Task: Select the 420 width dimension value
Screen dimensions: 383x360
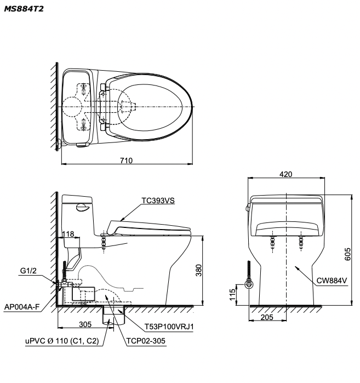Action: point(285,174)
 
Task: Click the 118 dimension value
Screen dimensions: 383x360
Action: point(67,233)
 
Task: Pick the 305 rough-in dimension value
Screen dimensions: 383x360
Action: point(84,324)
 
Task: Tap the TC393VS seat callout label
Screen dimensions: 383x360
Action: point(157,201)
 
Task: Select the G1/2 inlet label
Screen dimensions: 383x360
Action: point(31,271)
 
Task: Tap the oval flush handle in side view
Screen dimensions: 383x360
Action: point(81,207)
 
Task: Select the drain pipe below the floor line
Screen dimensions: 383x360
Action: point(114,317)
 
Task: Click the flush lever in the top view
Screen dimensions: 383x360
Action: point(81,145)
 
